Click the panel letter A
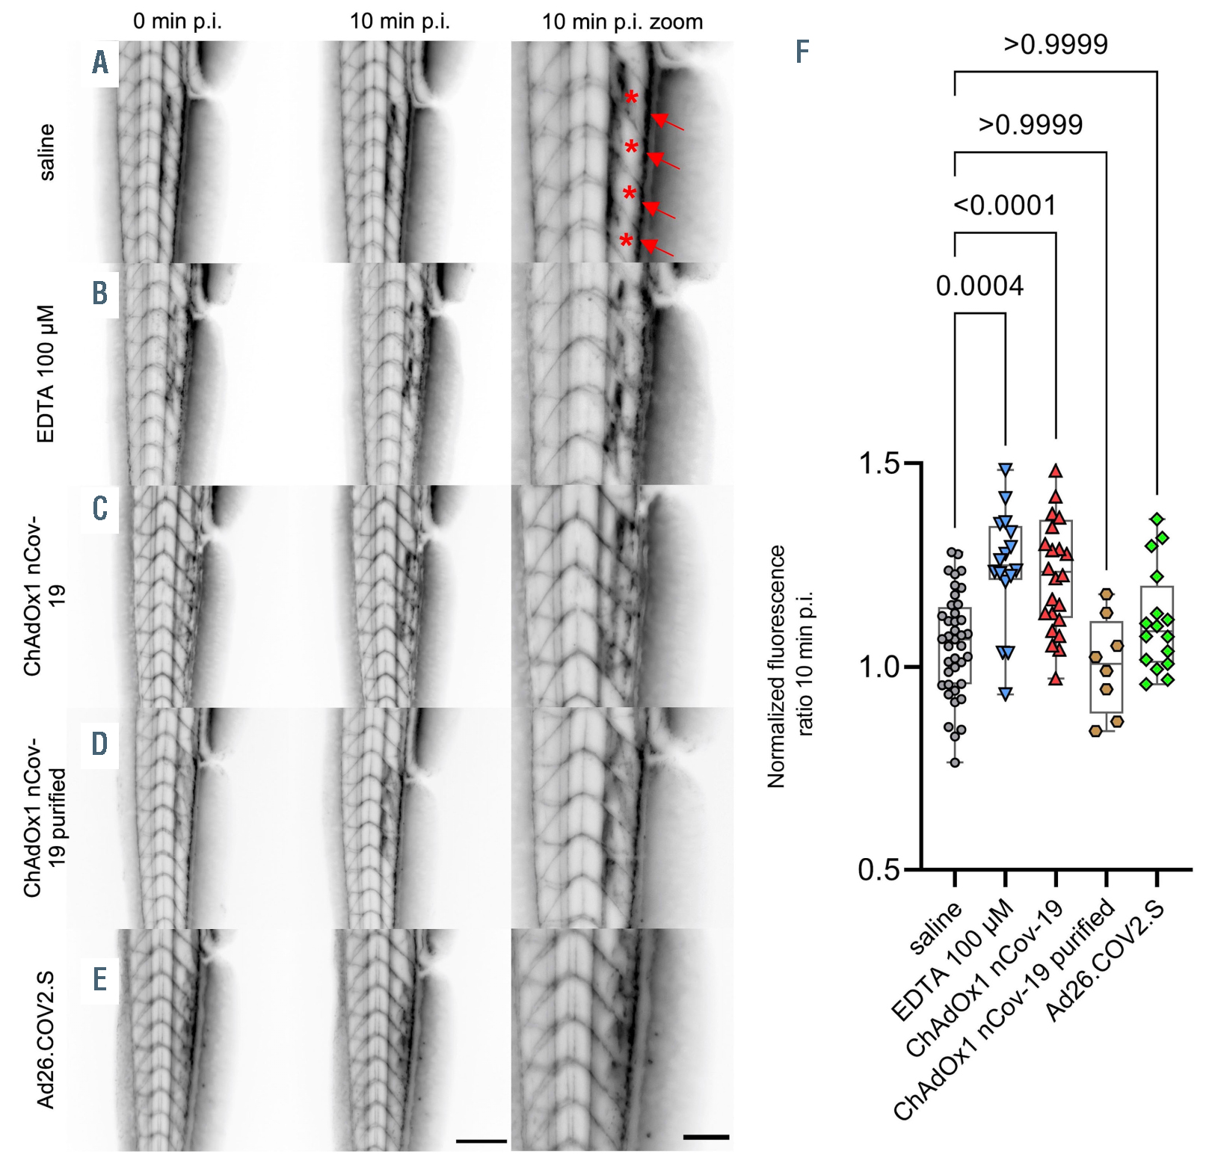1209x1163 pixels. [100, 63]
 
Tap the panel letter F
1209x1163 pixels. [802, 52]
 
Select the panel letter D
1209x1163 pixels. [99, 744]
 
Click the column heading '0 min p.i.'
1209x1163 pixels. [177, 21]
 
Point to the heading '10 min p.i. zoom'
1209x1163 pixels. [622, 22]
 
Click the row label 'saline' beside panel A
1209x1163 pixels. [46, 152]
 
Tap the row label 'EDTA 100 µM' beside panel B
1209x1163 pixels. [46, 374]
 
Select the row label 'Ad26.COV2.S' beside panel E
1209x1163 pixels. [46, 1039]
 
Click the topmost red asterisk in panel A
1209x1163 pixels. [632, 98]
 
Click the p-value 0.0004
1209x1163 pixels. [979, 286]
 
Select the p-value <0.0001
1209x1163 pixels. [1004, 206]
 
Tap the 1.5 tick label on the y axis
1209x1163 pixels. [879, 463]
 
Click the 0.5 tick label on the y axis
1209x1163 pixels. [879, 870]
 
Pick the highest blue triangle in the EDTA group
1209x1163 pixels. [1006, 469]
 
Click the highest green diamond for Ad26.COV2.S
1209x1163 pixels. [1157, 519]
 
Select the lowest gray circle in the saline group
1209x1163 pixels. [955, 762]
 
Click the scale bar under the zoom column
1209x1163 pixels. [706, 1138]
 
